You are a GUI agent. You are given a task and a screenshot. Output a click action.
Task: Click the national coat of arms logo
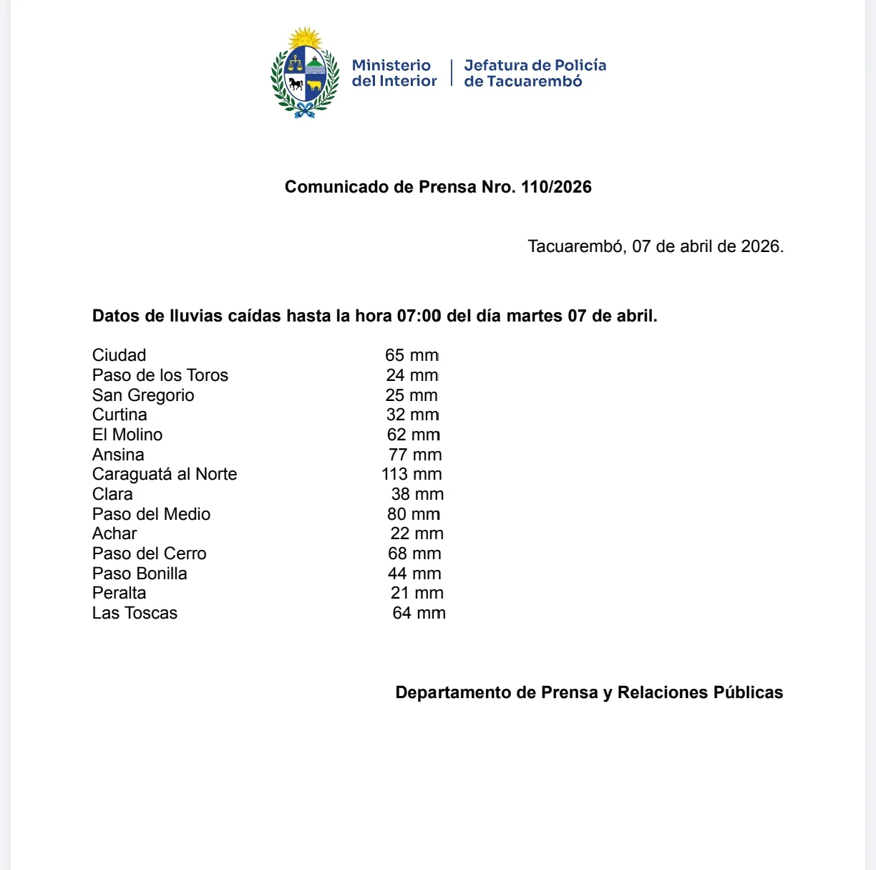coord(305,73)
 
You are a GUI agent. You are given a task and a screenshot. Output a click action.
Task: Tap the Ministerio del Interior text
coord(394,73)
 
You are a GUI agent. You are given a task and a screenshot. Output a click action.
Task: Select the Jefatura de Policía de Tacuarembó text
coord(535,73)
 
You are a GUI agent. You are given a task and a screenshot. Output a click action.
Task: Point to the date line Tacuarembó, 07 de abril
coord(656,246)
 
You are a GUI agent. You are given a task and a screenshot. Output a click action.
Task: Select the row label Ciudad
coord(119,355)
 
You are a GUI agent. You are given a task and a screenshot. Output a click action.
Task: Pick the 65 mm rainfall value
coord(412,355)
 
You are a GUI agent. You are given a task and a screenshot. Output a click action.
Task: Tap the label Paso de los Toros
coord(160,375)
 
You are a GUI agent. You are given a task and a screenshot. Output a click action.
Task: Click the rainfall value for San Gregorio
coord(412,395)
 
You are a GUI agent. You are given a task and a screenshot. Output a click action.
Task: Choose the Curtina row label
coord(120,415)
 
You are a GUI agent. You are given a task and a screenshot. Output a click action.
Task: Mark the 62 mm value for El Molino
coord(413,435)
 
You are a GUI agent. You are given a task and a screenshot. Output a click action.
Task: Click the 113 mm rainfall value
coord(412,474)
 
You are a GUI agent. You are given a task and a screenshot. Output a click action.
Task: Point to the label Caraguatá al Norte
coord(165,474)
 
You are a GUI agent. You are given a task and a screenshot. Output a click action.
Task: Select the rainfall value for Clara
coord(417,494)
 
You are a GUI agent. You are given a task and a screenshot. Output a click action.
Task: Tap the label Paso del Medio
coord(151,514)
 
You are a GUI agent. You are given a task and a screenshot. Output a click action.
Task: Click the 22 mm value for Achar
coord(417,533)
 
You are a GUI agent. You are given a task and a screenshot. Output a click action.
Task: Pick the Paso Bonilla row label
coord(140,574)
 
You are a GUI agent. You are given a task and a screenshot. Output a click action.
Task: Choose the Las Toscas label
coord(135,613)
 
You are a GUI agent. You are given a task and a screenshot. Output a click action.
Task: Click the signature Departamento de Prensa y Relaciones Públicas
coord(589,692)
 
